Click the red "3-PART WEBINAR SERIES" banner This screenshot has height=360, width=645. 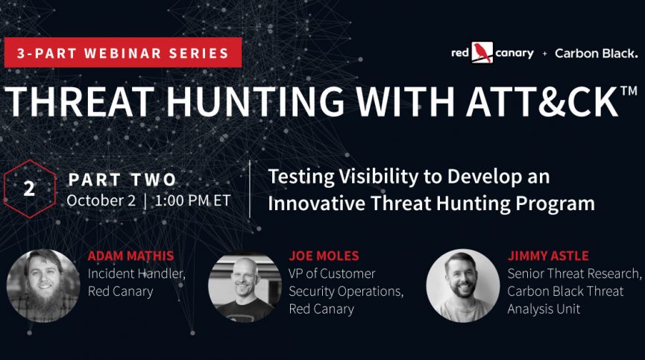(123, 53)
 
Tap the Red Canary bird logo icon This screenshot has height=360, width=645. (482, 53)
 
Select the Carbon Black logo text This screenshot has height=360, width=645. (596, 54)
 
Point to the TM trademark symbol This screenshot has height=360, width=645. (629, 90)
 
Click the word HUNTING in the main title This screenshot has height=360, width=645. (255, 101)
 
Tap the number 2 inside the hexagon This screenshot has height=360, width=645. (29, 189)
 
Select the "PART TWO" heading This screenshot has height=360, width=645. (122, 180)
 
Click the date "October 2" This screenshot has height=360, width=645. (101, 200)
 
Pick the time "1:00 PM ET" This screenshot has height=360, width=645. (192, 200)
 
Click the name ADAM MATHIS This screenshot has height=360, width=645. (130, 256)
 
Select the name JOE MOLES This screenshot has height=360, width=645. (324, 256)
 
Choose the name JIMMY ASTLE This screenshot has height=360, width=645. (548, 256)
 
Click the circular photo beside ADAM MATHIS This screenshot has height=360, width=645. (43, 285)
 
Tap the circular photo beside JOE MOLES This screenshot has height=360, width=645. (245, 285)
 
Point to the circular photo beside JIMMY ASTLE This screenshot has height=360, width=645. (463, 285)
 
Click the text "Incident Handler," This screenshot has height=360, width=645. (136, 274)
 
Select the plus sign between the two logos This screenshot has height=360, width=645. (544, 54)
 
